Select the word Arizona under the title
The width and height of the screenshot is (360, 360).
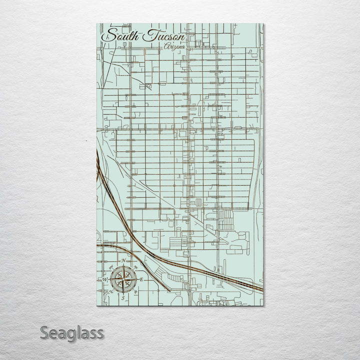pyautogui.click(x=174, y=46)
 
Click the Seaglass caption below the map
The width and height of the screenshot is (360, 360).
pyautogui.click(x=72, y=332)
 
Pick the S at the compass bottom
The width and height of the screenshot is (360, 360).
pyautogui.click(x=123, y=297)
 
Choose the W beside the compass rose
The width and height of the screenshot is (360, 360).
pyautogui.click(x=105, y=279)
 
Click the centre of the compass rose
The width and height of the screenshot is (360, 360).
pyautogui.click(x=123, y=279)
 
